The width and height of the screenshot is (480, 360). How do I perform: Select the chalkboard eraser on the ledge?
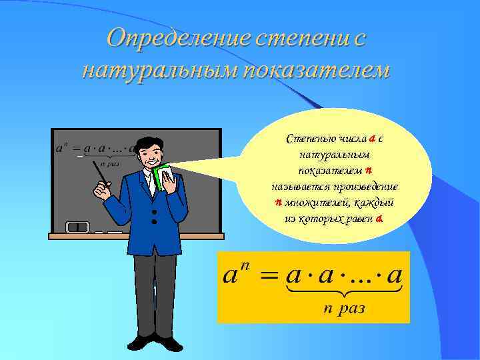(x=78, y=227)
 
